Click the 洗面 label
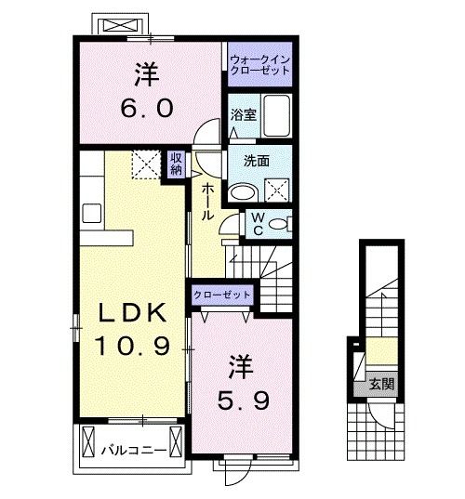257,160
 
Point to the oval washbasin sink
244,192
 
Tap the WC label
258,224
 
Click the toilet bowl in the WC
282,224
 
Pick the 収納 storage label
176,164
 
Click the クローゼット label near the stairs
222,294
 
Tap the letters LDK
132,313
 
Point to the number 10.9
132,347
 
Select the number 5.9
244,401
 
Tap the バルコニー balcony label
134,451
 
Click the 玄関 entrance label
379,381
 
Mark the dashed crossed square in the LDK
145,165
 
